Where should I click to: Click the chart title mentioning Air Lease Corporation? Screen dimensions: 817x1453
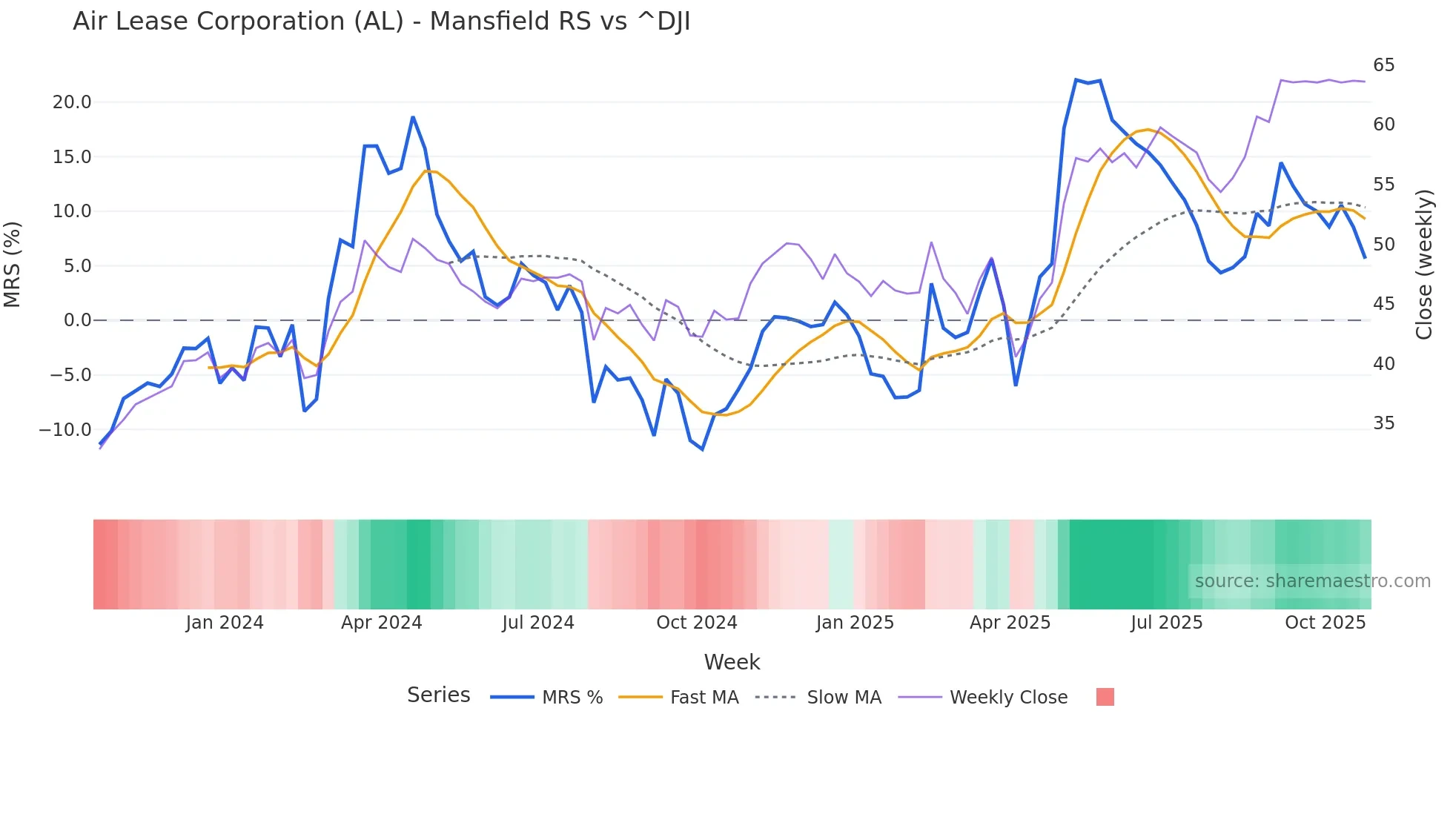pos(381,21)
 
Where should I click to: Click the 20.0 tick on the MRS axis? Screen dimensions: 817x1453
pos(72,102)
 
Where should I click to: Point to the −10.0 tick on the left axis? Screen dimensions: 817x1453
pos(65,430)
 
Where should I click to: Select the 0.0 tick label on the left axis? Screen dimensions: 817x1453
pos(77,320)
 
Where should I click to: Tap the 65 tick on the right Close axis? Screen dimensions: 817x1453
pos(1383,65)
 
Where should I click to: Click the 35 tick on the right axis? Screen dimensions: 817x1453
pos(1383,423)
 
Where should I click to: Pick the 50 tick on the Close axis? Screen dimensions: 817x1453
pos(1383,244)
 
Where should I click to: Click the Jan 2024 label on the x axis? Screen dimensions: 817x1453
pos(225,623)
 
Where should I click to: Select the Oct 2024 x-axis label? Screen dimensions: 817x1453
pos(697,623)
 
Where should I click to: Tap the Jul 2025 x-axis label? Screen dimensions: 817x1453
pos(1166,623)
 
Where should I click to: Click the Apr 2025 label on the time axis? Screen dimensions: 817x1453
pos(1010,623)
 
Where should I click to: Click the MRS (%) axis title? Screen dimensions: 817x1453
pos(13,265)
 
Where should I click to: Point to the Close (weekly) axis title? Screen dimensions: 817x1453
pos(1424,265)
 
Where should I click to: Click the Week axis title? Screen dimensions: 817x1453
pos(732,662)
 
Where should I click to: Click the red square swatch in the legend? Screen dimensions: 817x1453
pos(1105,697)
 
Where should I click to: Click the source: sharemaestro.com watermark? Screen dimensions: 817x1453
pos(1312,581)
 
